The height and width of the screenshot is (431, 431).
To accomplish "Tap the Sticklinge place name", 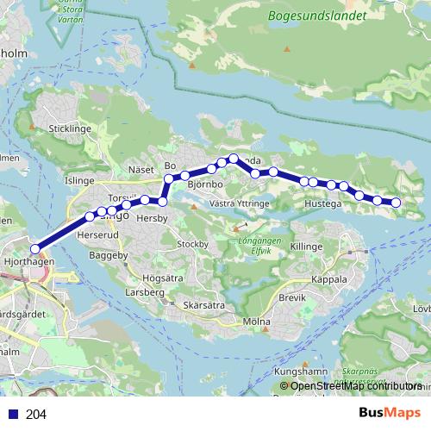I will (70, 128).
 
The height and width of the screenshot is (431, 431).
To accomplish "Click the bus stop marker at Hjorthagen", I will (34, 249).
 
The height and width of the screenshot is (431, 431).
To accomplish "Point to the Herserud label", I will (96, 234).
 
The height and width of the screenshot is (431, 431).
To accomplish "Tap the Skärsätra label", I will (204, 305).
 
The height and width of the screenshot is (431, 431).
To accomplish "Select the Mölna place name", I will (257, 322).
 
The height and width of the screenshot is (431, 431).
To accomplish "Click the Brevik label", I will (292, 297).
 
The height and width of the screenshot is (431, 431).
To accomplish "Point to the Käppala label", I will (328, 279).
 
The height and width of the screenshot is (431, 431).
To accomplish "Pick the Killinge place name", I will (306, 247).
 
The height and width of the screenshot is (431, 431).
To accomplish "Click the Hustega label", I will (323, 203).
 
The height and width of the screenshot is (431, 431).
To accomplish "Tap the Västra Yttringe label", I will (240, 203).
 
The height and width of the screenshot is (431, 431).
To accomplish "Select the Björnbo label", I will (204, 184).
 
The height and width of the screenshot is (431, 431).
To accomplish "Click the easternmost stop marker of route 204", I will (397, 203).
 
